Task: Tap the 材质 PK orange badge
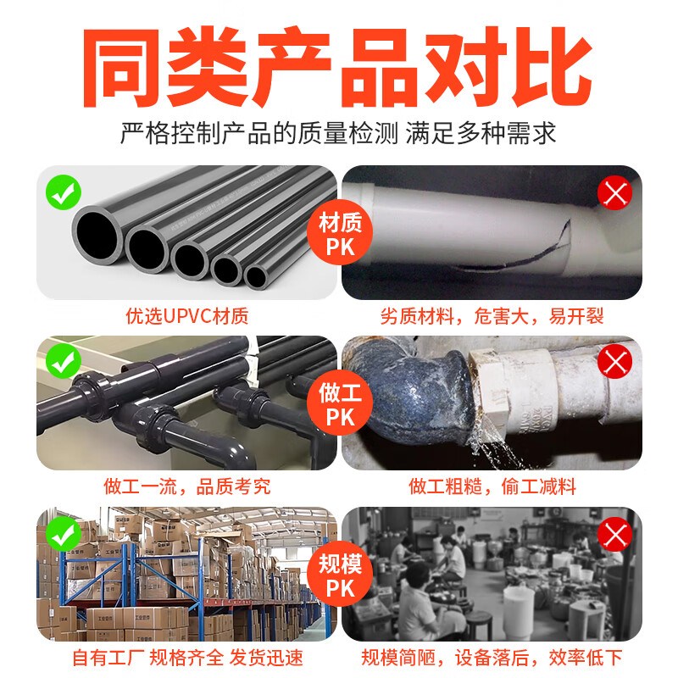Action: click(x=339, y=235)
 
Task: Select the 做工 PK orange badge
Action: click(x=339, y=405)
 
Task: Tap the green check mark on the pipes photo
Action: click(x=63, y=193)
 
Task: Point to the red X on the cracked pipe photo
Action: click(x=615, y=194)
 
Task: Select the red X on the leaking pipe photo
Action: click(x=615, y=363)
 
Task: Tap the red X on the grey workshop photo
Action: click(x=615, y=535)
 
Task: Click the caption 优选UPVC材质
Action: click(x=187, y=317)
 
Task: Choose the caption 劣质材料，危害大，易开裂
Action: click(x=492, y=317)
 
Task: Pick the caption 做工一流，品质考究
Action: click(x=187, y=486)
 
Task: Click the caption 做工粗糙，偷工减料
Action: click(x=492, y=486)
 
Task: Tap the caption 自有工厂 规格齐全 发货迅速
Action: click(x=187, y=658)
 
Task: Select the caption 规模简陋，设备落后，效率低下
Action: click(x=492, y=658)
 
